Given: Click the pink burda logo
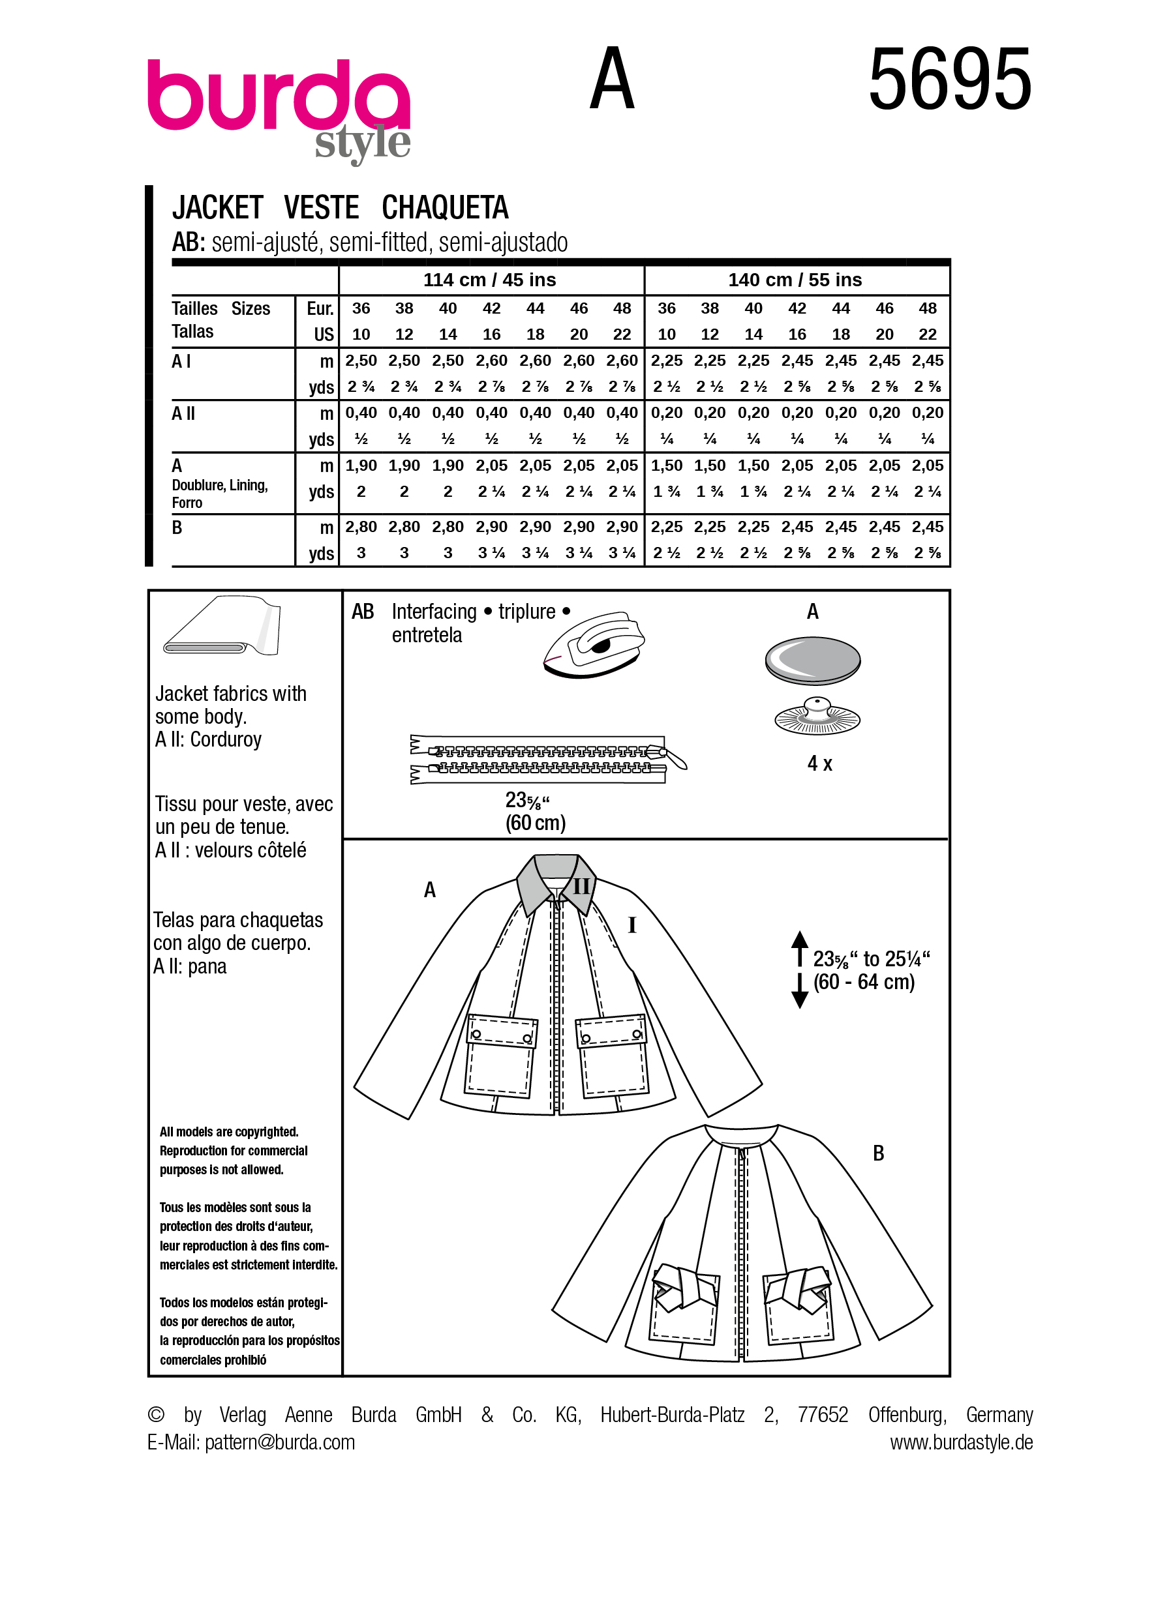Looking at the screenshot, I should (x=278, y=96).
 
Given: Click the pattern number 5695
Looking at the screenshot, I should (x=949, y=79).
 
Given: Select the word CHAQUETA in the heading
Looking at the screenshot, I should (x=444, y=207).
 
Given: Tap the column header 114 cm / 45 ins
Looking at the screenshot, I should (x=489, y=280).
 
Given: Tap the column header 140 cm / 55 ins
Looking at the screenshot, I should (x=795, y=280).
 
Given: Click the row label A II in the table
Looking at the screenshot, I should (x=183, y=413).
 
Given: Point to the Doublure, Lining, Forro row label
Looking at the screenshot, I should (x=219, y=494).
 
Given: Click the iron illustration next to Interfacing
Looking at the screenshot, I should (x=594, y=644).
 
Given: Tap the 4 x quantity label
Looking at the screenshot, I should (x=819, y=764).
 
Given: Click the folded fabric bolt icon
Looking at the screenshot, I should (x=222, y=627).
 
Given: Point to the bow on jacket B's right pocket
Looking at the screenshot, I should (x=796, y=1290).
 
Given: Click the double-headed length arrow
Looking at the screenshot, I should (x=799, y=969).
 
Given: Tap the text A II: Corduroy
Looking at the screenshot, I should (x=208, y=739).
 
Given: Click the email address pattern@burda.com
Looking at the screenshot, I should (x=280, y=1442).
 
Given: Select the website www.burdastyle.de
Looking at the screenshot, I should (x=961, y=1442).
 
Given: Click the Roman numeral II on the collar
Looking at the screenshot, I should (x=581, y=886).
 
